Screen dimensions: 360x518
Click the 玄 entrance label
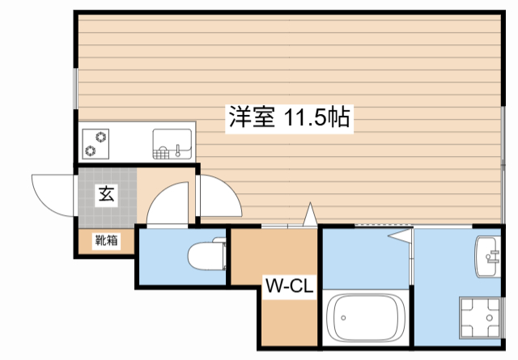[106, 194]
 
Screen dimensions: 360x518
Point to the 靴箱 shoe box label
[105, 240]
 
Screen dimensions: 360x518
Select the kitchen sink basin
[172, 144]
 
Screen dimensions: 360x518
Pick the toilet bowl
[204, 257]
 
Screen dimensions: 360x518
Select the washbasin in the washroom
[490, 257]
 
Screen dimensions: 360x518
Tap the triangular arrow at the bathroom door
[400, 236]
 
